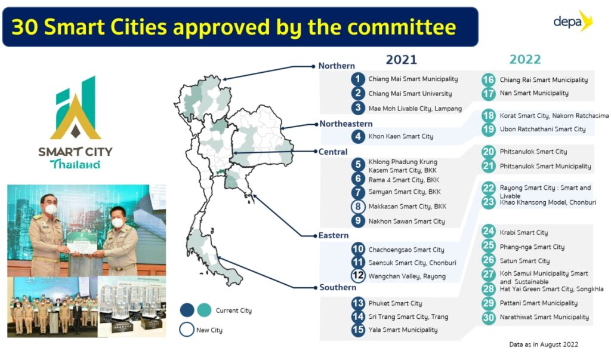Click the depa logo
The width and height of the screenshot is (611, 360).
pos(573,21)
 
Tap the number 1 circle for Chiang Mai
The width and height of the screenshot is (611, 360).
pos(358,79)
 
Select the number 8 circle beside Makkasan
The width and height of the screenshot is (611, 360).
pos(358,207)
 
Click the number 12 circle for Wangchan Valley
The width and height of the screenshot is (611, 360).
pos(358,275)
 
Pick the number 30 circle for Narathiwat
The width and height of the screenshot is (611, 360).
pos(488,317)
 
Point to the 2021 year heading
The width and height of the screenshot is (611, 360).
pos(402,60)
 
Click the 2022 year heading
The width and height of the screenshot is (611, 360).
pos(525,59)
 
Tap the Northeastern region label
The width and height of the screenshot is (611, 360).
pos(346,124)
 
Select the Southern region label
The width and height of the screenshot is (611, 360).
pos(338,287)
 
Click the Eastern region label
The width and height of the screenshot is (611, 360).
pos(334,235)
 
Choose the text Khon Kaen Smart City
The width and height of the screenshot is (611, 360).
pos(401,136)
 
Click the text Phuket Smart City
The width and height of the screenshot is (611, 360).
pos(395,303)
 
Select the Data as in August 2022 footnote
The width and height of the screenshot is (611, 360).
pos(544,344)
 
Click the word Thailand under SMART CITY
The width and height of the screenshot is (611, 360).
pos(75,164)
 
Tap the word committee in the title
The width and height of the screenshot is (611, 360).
pos(401,27)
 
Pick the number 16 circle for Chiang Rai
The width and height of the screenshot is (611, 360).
pos(488,79)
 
